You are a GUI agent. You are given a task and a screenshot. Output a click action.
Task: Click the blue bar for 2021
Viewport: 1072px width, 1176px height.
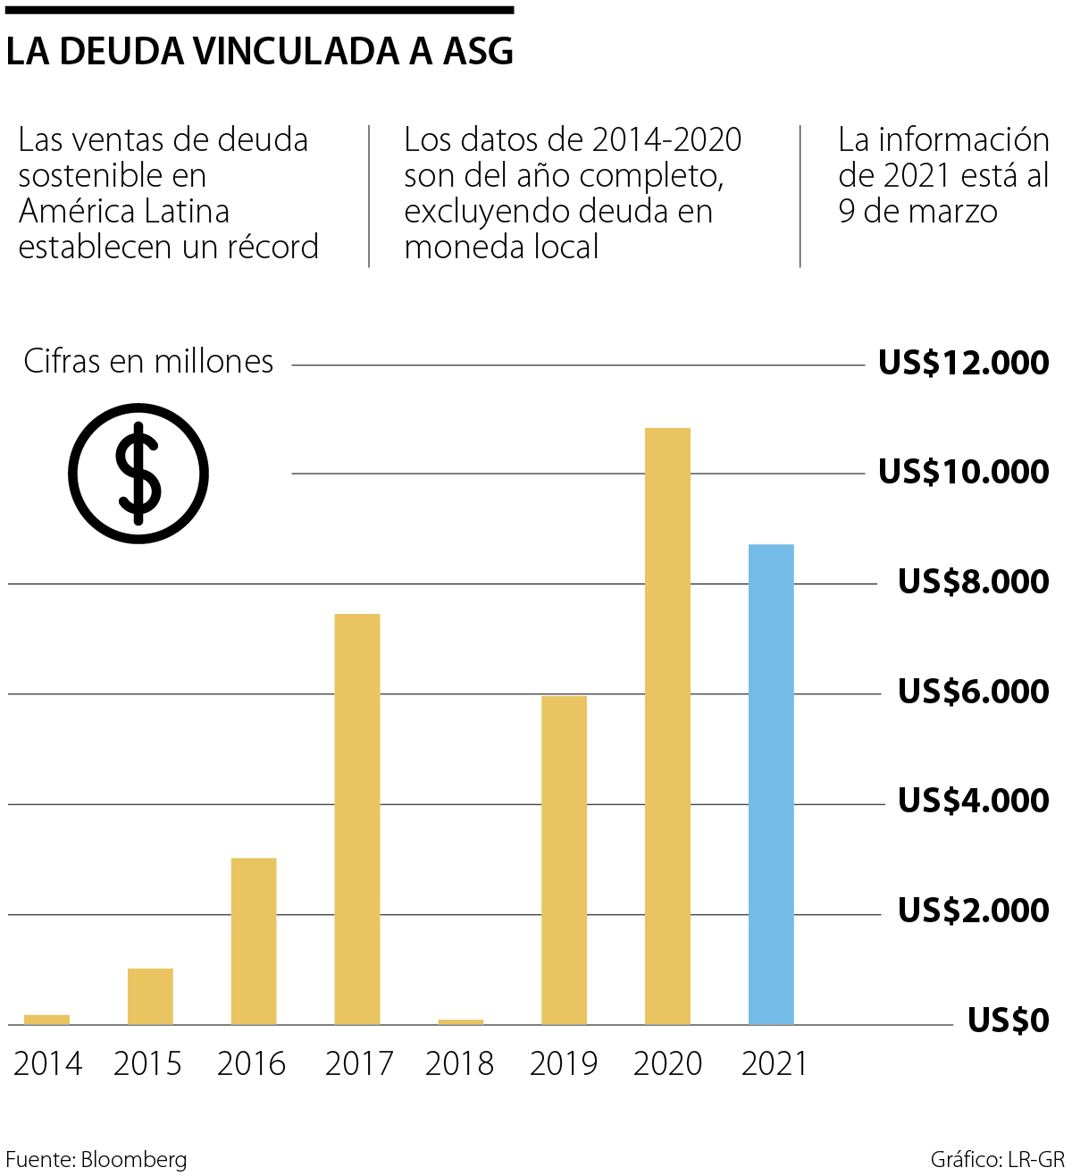(x=770, y=784)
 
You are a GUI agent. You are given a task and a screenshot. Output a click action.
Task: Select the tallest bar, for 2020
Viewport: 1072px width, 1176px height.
(x=667, y=726)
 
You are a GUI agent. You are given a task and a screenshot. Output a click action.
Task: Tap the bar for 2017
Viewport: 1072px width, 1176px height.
(x=356, y=819)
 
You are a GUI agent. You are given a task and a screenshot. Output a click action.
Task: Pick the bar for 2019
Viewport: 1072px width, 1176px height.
(x=564, y=860)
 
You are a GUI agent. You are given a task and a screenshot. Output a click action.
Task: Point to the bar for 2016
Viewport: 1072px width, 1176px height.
(x=254, y=941)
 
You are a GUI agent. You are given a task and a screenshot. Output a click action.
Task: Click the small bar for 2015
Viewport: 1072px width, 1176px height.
(x=150, y=995)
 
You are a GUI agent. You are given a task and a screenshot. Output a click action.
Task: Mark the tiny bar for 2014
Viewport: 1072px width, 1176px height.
(x=46, y=1019)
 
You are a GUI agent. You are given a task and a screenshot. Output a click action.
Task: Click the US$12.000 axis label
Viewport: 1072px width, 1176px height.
(x=963, y=363)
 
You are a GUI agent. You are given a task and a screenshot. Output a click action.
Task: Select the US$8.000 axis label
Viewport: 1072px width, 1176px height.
(x=973, y=582)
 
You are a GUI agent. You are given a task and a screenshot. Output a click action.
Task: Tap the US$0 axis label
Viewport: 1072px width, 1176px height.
(x=1008, y=1021)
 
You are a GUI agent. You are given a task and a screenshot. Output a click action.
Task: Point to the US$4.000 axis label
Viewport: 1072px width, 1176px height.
(x=973, y=801)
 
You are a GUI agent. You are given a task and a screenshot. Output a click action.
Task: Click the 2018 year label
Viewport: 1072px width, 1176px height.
(x=459, y=1064)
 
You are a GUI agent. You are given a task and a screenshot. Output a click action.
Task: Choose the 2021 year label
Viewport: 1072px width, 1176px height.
(x=774, y=1064)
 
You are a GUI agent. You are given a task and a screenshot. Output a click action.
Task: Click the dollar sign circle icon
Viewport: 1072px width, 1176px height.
(x=138, y=473)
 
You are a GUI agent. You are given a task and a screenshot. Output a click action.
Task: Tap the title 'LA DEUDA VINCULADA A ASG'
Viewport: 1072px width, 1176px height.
(x=260, y=52)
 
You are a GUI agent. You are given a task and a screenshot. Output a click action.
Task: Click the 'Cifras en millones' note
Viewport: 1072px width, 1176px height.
(x=148, y=361)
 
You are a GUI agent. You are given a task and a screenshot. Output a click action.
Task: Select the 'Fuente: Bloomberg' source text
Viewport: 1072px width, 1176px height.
(x=96, y=1159)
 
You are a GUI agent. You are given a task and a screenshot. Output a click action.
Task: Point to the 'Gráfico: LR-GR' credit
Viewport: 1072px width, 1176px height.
(x=997, y=1159)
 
